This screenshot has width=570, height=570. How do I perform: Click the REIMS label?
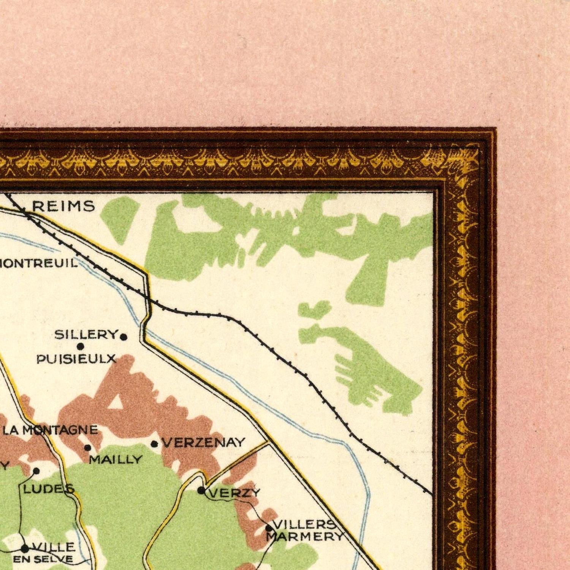[63, 206]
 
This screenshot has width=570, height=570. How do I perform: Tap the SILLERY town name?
[86, 335]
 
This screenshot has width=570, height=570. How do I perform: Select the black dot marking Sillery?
[123, 337]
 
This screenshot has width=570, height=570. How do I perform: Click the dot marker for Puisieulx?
[80, 346]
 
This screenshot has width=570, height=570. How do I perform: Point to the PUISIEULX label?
[76, 359]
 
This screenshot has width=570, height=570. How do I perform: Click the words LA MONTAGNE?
[50, 430]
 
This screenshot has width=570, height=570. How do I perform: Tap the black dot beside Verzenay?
[154, 444]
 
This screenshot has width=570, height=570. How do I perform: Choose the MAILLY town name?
[116, 460]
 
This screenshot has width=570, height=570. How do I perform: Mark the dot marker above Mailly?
[87, 448]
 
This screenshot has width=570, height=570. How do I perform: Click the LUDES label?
[49, 489]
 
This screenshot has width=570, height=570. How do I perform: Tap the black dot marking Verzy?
[201, 490]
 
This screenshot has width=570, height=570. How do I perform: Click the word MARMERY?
[305, 537]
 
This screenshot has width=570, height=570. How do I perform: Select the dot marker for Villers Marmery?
[269, 528]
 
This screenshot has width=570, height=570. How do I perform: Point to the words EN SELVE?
[43, 559]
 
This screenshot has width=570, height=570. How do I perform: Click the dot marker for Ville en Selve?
[25, 548]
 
